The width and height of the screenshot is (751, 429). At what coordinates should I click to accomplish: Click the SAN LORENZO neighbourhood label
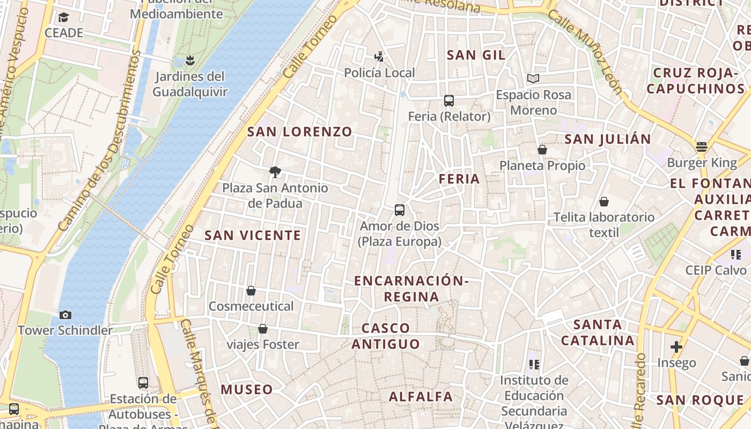click(299, 131)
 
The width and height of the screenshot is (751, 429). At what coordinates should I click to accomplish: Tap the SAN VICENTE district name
click(253, 235)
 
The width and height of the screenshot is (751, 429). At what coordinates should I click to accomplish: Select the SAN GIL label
click(476, 55)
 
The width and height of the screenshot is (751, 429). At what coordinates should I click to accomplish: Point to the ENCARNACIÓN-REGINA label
click(411, 289)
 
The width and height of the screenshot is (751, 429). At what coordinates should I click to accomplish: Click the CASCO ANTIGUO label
click(386, 336)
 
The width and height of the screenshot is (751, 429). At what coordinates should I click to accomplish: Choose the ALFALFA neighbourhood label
click(421, 397)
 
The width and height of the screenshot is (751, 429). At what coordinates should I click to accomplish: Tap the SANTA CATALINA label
click(598, 332)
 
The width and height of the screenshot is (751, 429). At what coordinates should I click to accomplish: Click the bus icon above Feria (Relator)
click(449, 101)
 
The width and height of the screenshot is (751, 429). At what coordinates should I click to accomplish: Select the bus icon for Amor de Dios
click(399, 210)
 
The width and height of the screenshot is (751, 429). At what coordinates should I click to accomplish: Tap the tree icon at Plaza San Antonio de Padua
click(275, 172)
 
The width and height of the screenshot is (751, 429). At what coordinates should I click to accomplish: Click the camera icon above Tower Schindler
click(65, 315)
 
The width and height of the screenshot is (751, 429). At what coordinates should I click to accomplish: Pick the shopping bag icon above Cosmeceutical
click(251, 291)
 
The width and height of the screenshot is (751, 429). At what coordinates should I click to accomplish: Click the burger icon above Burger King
click(702, 146)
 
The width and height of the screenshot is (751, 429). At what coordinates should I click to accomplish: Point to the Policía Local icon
click(379, 56)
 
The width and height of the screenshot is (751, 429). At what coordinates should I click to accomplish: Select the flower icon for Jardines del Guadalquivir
click(189, 60)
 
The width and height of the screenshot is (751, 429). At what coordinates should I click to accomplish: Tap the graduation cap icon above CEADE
click(64, 17)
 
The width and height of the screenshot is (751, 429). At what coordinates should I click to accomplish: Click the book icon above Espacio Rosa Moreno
click(533, 79)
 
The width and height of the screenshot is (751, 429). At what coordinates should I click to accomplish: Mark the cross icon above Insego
click(676, 347)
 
